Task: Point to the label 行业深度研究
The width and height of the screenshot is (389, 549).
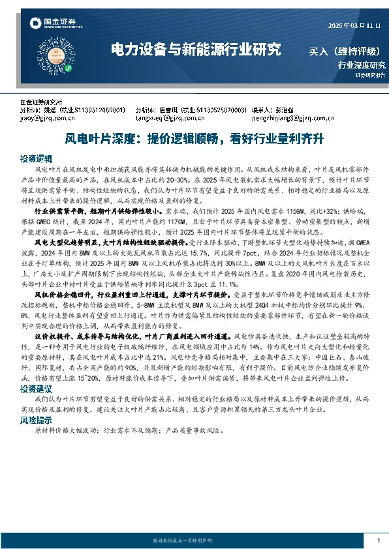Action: [x=361, y=65]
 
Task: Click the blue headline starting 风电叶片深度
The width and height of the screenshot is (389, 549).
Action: [x=194, y=139]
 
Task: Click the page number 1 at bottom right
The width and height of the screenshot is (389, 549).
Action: [x=378, y=541]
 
